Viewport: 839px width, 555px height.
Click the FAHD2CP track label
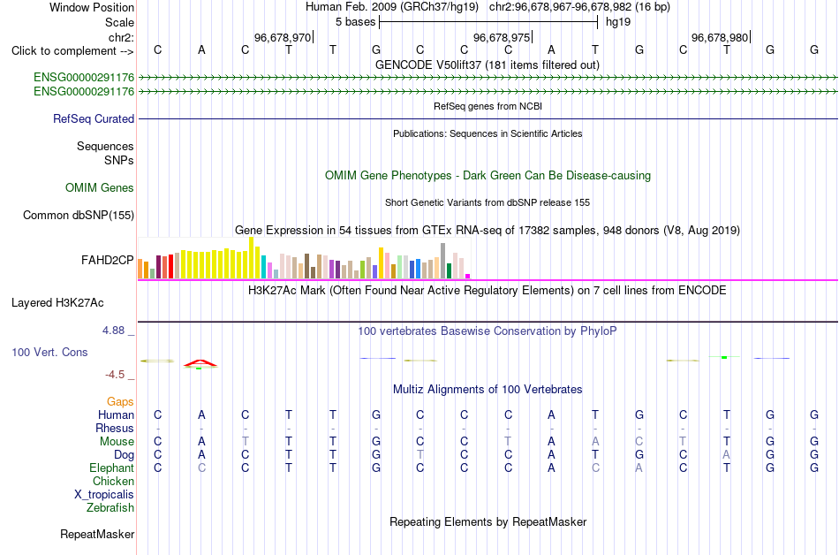point(107,260)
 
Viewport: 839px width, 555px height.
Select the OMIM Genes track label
point(100,188)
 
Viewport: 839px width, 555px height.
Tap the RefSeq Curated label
point(94,118)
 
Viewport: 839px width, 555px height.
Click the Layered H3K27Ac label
point(57,303)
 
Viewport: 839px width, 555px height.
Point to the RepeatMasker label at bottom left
point(97,534)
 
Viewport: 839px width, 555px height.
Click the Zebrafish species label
point(110,507)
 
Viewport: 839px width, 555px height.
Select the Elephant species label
point(111,468)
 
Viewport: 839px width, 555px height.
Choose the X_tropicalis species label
point(104,495)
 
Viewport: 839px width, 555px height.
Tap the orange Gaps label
point(120,401)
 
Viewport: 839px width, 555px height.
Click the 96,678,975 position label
point(502,37)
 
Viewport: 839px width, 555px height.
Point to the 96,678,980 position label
point(720,37)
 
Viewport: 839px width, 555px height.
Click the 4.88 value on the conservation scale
point(113,331)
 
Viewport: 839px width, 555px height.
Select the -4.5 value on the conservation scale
point(115,374)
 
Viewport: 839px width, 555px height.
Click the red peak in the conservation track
point(200,363)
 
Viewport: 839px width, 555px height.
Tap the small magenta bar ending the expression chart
point(468,276)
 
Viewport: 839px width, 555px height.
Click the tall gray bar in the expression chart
point(443,261)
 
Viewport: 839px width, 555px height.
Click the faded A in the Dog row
point(727,454)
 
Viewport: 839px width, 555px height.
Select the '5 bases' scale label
point(355,22)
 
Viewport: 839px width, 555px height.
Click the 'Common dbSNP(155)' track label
point(79,215)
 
